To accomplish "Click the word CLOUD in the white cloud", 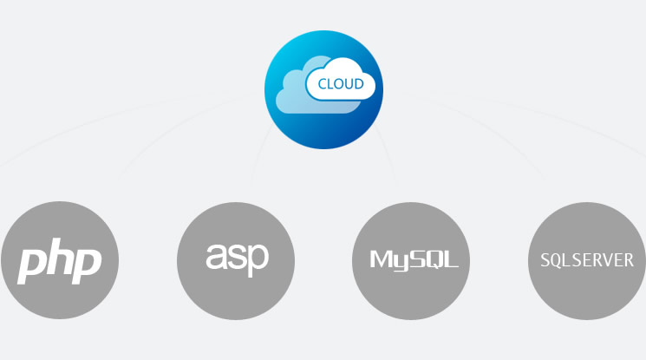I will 341,85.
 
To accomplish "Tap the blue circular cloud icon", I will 323,90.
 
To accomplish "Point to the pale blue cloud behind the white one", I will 296,95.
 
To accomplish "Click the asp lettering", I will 237,257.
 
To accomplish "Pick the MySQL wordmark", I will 414,260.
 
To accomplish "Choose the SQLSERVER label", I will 587,260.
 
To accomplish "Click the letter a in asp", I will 217,257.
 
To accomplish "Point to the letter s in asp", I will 237,257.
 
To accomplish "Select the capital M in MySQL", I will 380,259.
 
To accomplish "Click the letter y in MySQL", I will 397,262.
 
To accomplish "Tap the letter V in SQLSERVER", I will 610,260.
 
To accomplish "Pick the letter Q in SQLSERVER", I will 556,260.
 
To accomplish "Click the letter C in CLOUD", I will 323,85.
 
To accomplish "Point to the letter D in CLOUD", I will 358,85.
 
